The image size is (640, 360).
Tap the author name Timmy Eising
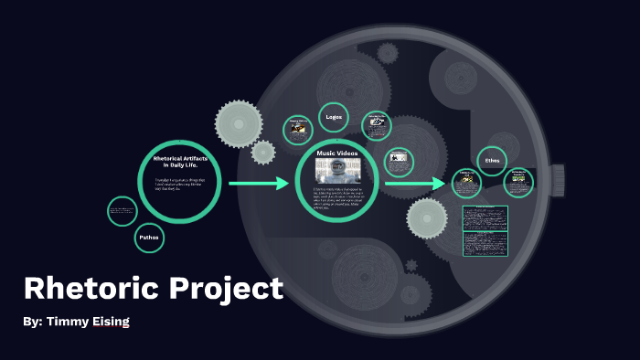click(x=77, y=323)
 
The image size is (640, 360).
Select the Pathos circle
click(x=149, y=238)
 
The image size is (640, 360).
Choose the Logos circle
click(x=334, y=118)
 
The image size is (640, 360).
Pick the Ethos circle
click(x=493, y=160)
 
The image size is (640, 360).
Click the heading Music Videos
click(x=337, y=153)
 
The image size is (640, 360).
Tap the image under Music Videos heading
click(x=337, y=170)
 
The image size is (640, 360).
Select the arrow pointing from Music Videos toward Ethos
click(x=414, y=185)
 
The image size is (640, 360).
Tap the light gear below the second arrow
click(x=427, y=219)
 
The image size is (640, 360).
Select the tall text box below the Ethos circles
click(x=485, y=231)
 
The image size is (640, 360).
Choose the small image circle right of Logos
click(x=376, y=125)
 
